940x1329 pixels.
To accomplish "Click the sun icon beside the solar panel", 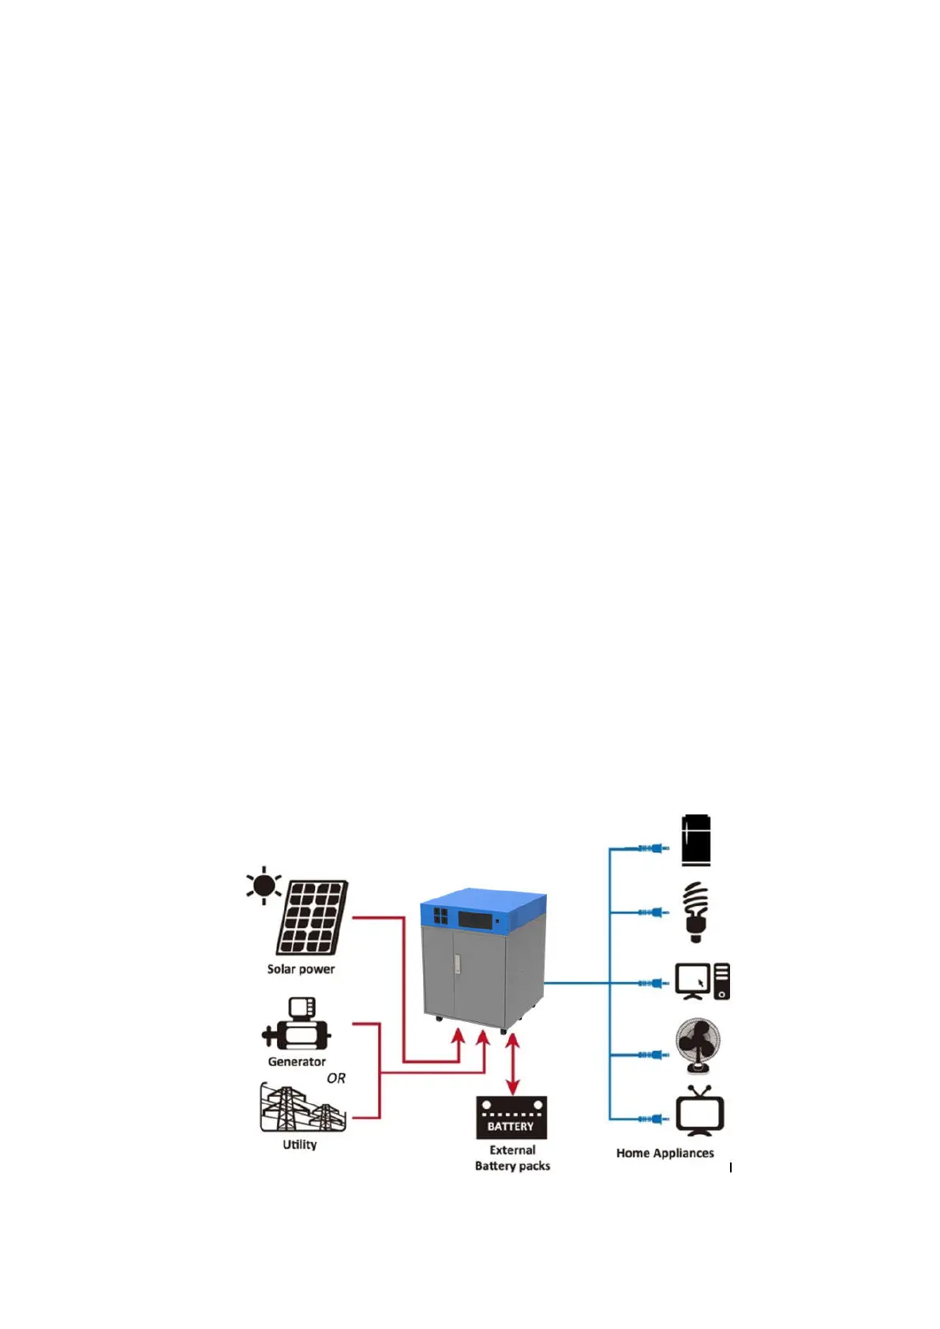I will tap(264, 885).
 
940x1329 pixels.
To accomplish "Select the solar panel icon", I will tap(313, 918).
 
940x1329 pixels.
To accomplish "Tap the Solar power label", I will tap(301, 969).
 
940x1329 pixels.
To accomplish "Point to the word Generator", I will tap(297, 1061).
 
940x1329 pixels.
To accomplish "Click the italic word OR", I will tap(336, 1078).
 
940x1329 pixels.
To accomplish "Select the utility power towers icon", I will tap(302, 1107).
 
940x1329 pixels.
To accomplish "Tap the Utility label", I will tap(300, 1144).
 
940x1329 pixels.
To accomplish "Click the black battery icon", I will tap(511, 1117).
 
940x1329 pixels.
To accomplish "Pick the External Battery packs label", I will tap(512, 1158).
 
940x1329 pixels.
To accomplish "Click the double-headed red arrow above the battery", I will tap(513, 1064).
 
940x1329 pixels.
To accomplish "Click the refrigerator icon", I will tap(695, 840).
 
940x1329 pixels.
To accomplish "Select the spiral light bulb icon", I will tap(695, 912).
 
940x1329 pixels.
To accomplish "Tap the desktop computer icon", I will tap(702, 982).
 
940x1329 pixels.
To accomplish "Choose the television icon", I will tap(700, 1111).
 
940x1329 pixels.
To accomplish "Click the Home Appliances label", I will tap(665, 1153).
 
